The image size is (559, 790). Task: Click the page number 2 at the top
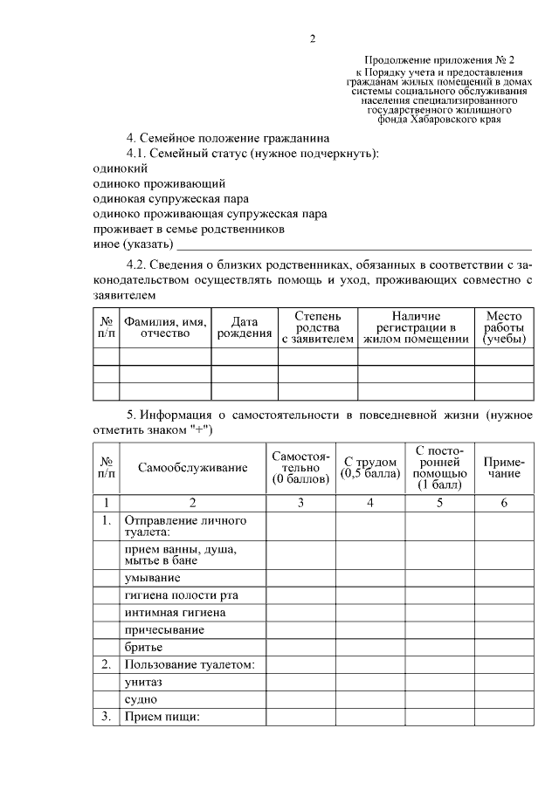click(x=312, y=38)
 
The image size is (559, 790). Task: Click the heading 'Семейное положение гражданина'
click(x=229, y=138)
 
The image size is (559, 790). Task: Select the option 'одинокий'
click(x=120, y=168)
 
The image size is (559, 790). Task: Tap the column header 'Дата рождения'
click(x=245, y=327)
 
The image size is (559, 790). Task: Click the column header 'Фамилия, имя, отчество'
click(x=165, y=327)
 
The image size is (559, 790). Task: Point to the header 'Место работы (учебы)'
click(x=504, y=326)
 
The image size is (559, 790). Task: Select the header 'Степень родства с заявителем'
click(x=318, y=326)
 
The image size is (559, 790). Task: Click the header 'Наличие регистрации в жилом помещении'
click(x=416, y=326)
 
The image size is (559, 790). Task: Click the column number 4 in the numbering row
click(x=370, y=502)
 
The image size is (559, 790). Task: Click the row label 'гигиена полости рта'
click(x=181, y=594)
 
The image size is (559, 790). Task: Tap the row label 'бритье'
click(x=145, y=647)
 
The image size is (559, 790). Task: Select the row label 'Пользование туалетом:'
click(x=190, y=664)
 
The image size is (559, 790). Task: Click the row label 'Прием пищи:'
click(x=163, y=717)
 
